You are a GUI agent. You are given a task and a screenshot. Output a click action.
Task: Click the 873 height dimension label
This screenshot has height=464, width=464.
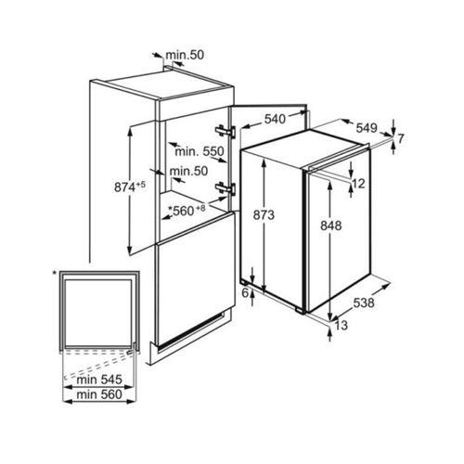(264, 214)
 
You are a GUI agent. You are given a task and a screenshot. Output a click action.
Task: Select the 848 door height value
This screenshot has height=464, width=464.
(331, 226)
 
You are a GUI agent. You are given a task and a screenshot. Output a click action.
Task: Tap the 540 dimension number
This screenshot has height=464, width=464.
(275, 119)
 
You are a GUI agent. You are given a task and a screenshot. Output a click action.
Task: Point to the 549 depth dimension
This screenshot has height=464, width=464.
(367, 128)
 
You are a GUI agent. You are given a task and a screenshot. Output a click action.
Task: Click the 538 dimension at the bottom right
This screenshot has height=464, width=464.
(364, 303)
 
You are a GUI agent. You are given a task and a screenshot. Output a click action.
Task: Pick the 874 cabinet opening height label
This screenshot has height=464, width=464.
(124, 187)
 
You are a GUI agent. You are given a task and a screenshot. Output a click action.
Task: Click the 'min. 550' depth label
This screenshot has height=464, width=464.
(200, 151)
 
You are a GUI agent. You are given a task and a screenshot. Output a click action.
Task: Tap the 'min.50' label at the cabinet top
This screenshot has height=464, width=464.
(185, 55)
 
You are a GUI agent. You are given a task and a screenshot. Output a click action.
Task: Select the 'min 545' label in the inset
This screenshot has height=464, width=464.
(99, 380)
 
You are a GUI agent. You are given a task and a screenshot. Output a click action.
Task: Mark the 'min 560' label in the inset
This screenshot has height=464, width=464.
(99, 394)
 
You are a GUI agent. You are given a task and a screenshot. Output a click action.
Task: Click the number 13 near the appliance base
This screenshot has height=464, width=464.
(342, 325)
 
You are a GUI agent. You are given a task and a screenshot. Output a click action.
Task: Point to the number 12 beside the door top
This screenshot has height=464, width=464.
(358, 184)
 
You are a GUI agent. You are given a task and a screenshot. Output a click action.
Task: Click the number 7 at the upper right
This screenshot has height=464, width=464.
(401, 139)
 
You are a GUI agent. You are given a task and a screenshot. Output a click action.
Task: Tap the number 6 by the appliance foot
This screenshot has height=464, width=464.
(245, 292)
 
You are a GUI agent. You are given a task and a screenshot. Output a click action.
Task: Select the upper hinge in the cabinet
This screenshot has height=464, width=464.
(226, 131)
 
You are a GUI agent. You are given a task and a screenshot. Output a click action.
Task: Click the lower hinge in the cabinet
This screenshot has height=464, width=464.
(226, 188)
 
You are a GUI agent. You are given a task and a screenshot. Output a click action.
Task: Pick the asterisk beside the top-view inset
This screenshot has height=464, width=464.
(55, 273)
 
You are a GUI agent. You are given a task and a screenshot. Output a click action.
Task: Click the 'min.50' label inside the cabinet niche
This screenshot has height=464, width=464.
(188, 171)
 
